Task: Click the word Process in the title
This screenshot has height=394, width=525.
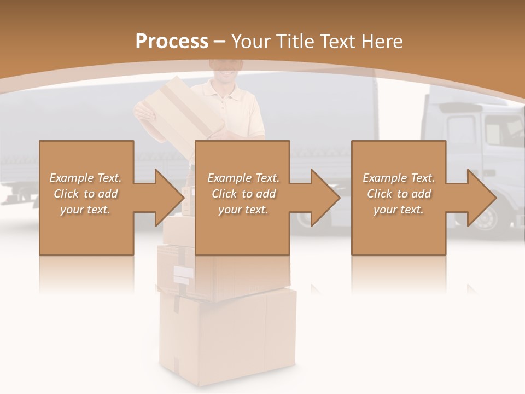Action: [x=172, y=42]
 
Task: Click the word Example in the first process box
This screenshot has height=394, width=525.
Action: [x=72, y=178]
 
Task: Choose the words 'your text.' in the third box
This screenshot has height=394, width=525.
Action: [x=399, y=210]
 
